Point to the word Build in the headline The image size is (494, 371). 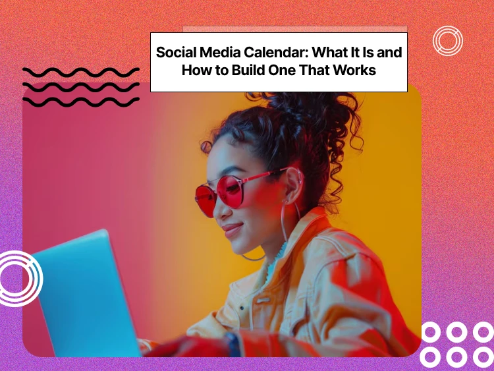click(242, 71)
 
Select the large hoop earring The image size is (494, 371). click(290, 224)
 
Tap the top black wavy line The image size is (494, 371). click(80, 71)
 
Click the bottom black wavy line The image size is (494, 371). click(80, 101)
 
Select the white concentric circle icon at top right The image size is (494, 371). click(448, 41)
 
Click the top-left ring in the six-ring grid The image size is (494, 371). click(431, 332)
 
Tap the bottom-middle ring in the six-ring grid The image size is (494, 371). click(456, 357)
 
